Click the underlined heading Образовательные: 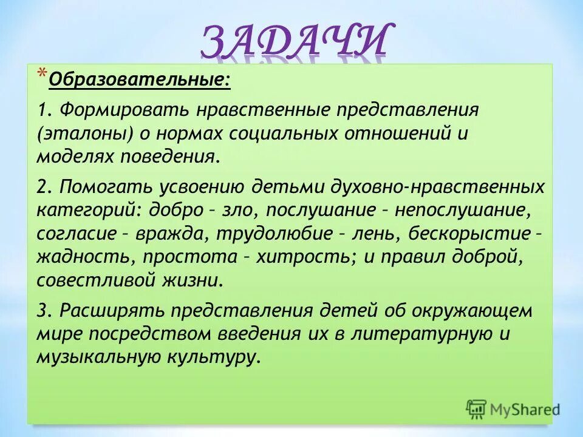(139, 80)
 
